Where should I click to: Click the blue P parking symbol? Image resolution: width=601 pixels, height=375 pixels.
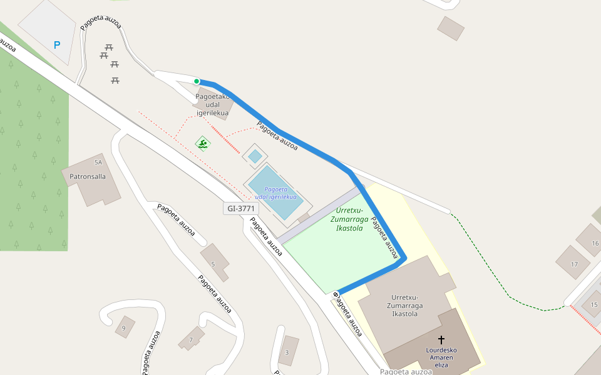[57, 45]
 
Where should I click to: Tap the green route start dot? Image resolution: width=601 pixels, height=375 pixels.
[197, 81]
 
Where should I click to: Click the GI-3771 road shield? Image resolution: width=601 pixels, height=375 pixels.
[241, 208]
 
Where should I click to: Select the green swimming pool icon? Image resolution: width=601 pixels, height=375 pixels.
[203, 144]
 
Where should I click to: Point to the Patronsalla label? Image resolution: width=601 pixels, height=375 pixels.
[88, 176]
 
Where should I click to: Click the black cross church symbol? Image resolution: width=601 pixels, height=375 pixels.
[441, 339]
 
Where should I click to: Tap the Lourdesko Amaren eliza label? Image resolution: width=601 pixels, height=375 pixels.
[441, 357]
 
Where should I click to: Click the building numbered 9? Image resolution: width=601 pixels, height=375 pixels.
[124, 327]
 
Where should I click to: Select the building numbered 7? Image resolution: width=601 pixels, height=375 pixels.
[191, 339]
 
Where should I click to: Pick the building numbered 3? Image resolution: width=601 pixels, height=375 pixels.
[287, 352]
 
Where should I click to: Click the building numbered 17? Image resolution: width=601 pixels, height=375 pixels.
[573, 263]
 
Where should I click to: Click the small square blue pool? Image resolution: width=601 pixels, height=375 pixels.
[255, 156]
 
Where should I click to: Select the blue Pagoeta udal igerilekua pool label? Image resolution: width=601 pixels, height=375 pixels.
[276, 193]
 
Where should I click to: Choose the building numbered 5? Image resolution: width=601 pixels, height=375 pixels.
[213, 263]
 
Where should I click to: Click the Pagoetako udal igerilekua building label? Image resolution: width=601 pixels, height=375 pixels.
[213, 104]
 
